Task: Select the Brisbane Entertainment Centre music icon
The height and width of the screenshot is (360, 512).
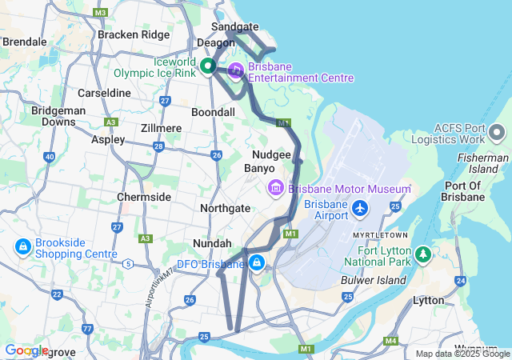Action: click(236, 70)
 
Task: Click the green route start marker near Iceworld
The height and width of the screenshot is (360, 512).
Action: click(207, 66)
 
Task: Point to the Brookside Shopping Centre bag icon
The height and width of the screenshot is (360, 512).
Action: click(22, 246)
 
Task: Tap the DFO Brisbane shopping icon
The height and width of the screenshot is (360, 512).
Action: click(256, 263)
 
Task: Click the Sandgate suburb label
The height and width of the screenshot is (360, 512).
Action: click(234, 26)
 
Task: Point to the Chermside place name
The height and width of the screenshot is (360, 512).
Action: click(144, 197)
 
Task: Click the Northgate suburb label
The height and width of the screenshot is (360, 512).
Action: click(225, 208)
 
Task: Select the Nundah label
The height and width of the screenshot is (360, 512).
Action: click(212, 243)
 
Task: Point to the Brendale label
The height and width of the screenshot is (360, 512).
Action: click(24, 41)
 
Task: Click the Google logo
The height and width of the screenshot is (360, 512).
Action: click(26, 350)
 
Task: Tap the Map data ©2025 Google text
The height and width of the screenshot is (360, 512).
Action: click(462, 354)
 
